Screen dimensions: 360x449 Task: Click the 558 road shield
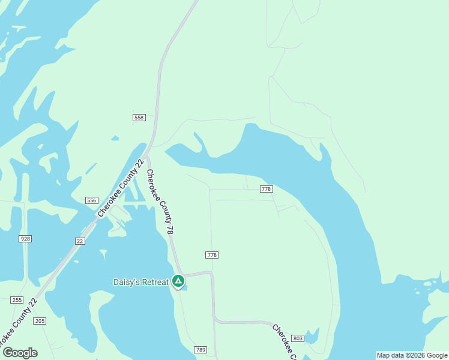coord(139,118)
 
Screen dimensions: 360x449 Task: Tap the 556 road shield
coord(91,200)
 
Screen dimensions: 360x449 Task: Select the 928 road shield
coord(25,239)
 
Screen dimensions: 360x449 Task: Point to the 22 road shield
coord(80,241)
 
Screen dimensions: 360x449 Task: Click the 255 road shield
coord(17,300)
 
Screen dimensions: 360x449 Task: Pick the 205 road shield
coord(40,322)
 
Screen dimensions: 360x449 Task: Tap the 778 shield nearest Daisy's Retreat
coord(212,255)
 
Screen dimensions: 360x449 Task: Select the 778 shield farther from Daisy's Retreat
coord(267,189)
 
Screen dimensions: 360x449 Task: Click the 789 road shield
coord(200,350)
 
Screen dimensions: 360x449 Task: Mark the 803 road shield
coord(298,339)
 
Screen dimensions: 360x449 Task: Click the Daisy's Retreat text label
coord(142,282)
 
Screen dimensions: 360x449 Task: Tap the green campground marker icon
coord(178,281)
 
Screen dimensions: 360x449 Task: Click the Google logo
coord(20,352)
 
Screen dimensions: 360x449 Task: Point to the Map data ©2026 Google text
coord(412,355)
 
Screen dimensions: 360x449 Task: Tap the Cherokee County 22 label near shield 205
coord(18,325)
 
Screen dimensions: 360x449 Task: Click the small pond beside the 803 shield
coord(312,335)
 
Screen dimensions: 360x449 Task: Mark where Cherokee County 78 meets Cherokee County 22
coord(146,157)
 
